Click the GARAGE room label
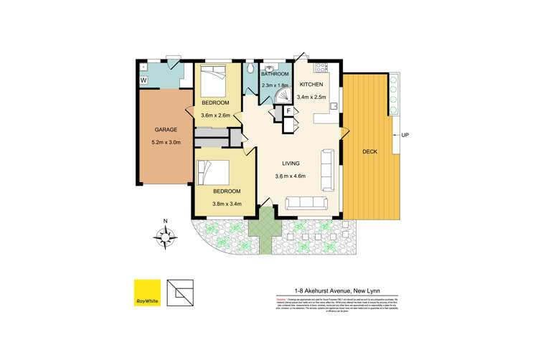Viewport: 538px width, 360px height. coord(166,130)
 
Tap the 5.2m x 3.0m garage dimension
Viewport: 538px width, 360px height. coord(166,142)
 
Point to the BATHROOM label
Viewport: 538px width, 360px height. coord(275,75)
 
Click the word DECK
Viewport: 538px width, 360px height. coord(371,152)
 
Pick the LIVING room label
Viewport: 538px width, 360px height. coord(291,163)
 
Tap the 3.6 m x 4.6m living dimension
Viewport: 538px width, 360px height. coord(291,176)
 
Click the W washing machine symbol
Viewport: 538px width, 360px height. coord(143,80)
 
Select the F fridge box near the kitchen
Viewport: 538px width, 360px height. coord(288,111)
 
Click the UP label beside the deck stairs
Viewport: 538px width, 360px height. coord(405,135)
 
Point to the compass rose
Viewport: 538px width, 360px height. coord(166,235)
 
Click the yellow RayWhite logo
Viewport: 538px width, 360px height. coord(147,290)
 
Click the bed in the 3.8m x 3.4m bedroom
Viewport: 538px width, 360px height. coord(214,173)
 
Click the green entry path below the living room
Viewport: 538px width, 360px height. coord(263,229)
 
